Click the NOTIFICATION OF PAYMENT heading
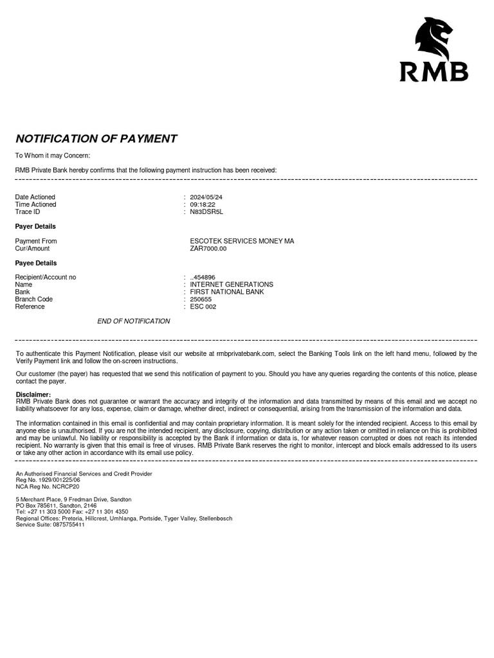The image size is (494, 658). coord(96,139)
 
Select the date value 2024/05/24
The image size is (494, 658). coord(206,197)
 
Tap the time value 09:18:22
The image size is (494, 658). coord(203,204)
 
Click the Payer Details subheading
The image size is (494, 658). coord(35,226)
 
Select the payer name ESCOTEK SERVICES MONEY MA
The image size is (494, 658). coord(242,241)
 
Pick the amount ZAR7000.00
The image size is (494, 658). coord(208,248)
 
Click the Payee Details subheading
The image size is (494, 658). coord(36,263)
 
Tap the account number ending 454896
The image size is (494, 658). coord(204,278)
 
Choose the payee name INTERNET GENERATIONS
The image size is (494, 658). coord(232,285)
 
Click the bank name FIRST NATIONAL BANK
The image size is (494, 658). coord(227,292)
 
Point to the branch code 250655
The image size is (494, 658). coord(201,299)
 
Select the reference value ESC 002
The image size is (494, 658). coord(203,307)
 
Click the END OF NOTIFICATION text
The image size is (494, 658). coord(134,321)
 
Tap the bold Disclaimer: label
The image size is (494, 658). coord(33,394)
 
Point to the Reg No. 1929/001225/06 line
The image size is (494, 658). coord(48,480)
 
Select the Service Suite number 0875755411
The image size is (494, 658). coord(68,524)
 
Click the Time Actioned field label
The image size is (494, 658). coord(36,204)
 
